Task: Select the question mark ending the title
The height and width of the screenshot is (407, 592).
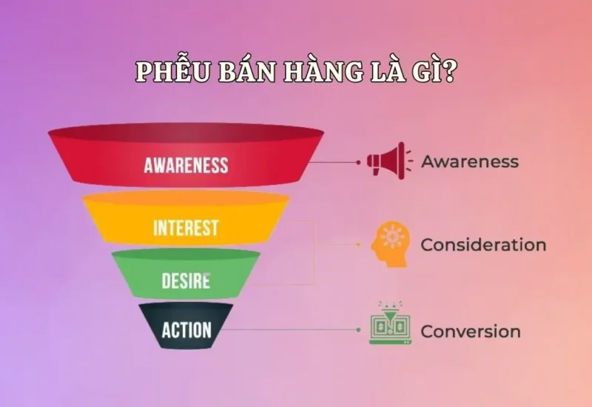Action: click(x=448, y=71)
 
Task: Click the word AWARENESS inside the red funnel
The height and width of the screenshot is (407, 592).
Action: click(x=186, y=165)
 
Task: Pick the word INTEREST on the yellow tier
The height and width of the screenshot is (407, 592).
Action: click(x=186, y=228)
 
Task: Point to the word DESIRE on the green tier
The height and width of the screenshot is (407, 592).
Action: click(x=186, y=280)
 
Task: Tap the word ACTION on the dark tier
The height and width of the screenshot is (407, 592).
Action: click(x=186, y=329)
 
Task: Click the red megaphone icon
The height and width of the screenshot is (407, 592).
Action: click(x=390, y=161)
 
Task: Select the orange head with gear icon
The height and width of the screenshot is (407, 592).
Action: click(x=390, y=244)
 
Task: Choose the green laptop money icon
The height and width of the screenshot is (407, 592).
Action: click(x=390, y=323)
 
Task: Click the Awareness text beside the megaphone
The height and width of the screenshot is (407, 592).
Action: click(x=470, y=161)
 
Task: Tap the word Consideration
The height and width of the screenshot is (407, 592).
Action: click(x=483, y=245)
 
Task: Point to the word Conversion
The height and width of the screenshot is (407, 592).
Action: click(x=471, y=332)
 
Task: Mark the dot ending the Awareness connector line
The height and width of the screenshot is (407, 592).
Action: click(x=358, y=162)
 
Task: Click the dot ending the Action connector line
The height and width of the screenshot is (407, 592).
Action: click(x=358, y=329)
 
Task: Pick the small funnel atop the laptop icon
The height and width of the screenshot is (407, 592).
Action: click(x=390, y=316)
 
